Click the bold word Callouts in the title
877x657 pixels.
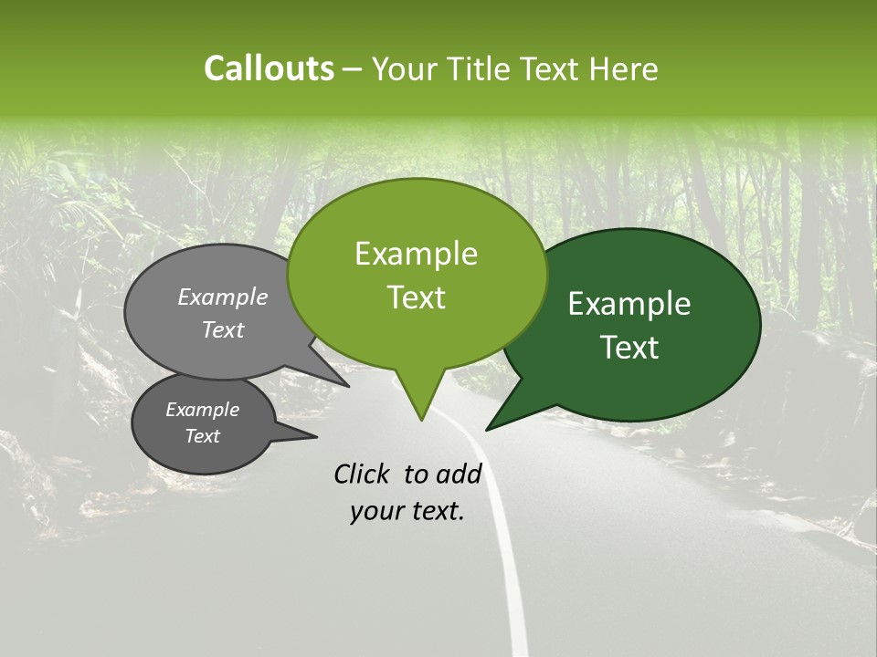point(269,68)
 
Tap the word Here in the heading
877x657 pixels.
point(624,69)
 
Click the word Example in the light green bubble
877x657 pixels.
point(416,254)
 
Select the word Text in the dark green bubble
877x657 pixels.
point(630,348)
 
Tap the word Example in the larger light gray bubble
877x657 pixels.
point(223,297)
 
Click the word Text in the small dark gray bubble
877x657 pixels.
point(203,436)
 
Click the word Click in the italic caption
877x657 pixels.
point(364,474)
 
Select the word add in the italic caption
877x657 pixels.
point(459,474)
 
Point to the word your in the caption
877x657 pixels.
point(375,512)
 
